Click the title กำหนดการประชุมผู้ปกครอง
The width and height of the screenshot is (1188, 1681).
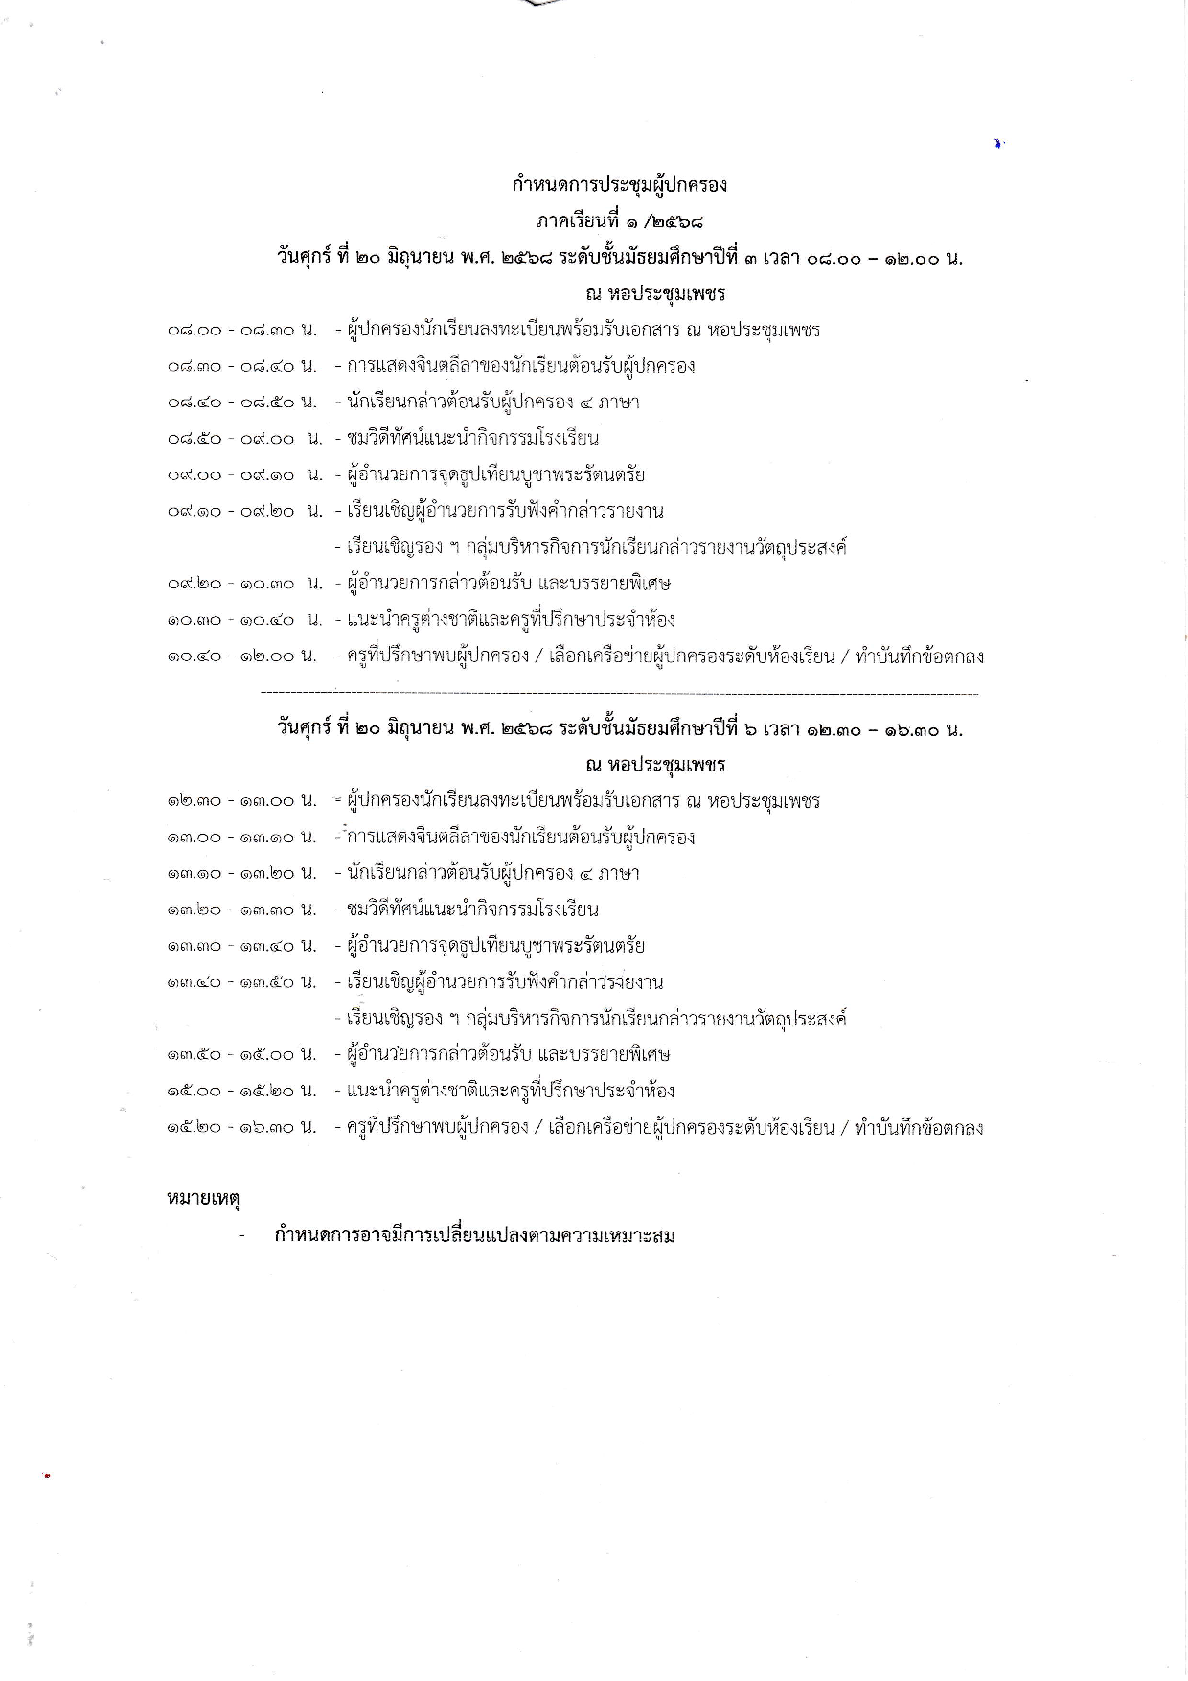pyautogui.click(x=620, y=184)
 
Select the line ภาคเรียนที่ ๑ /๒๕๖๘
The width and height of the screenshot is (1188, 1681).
pyautogui.click(x=620, y=221)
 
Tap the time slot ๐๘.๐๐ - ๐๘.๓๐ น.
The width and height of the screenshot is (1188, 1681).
pyautogui.click(x=242, y=331)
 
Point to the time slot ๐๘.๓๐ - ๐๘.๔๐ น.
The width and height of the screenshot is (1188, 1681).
pyautogui.click(x=242, y=366)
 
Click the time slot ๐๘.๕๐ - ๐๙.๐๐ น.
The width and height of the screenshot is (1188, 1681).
pyautogui.click(x=245, y=439)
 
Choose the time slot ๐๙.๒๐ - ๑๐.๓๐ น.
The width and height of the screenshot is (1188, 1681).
pyautogui.click(x=245, y=584)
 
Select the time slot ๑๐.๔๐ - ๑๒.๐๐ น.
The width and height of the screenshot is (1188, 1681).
pyautogui.click(x=242, y=656)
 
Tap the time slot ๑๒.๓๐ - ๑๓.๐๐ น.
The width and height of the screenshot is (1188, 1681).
pyautogui.click(x=242, y=801)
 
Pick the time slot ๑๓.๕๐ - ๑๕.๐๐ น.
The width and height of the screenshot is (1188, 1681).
pyautogui.click(x=242, y=1055)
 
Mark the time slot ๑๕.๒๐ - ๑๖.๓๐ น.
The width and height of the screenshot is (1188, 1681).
pyautogui.click(x=242, y=1128)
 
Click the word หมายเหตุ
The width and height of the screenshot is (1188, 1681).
pyautogui.click(x=202, y=1198)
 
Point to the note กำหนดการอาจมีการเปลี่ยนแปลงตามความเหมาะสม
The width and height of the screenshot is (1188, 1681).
pyautogui.click(x=474, y=1235)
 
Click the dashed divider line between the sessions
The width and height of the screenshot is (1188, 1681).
pyautogui.click(x=619, y=692)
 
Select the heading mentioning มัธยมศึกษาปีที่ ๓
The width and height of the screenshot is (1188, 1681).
pyautogui.click(x=620, y=258)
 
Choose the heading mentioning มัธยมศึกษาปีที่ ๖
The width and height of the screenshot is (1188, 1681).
pyautogui.click(x=620, y=729)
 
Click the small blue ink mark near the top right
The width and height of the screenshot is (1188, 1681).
pyautogui.click(x=998, y=144)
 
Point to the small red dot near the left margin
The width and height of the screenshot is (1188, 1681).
pyautogui.click(x=46, y=1476)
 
